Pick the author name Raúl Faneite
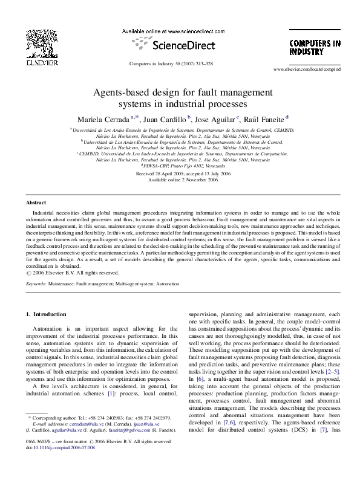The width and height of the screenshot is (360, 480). click(264, 118)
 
